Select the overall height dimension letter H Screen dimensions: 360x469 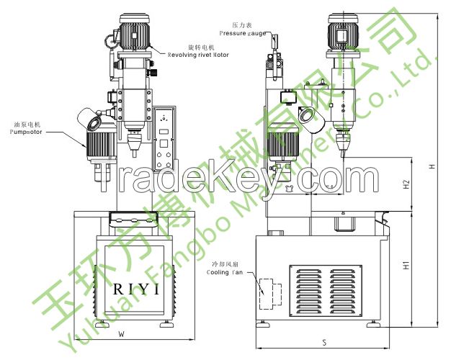coord(431,166)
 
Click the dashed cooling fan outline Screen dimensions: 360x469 coord(269,291)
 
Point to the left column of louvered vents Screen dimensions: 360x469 coord(311,291)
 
